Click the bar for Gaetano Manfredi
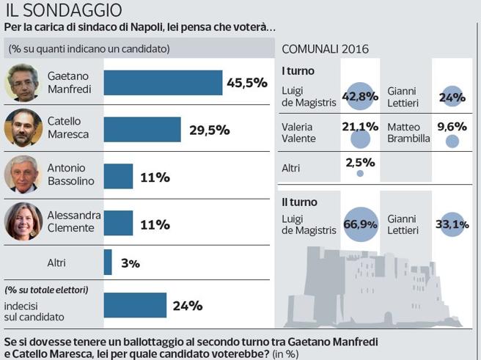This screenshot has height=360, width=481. coord(163,83)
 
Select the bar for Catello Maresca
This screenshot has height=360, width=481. coord(142,129)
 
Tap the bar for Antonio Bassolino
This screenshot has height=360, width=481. coord(118,176)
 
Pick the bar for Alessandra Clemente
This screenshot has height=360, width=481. coord(118,224)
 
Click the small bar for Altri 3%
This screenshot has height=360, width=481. coord(108,262)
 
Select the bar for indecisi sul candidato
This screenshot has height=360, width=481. coord(135,305)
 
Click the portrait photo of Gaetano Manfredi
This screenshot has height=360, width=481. coord(22,83)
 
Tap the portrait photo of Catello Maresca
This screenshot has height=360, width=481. coord(23,128)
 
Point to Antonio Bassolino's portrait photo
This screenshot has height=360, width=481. coord(23,175)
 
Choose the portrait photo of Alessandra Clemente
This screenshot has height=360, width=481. coord(23,221)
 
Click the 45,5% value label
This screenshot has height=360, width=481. coord(246,83)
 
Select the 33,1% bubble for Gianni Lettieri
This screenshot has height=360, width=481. coord(452,224)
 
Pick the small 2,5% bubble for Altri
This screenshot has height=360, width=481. coord(359,173)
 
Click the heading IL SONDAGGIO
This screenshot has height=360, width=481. coord(64,10)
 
